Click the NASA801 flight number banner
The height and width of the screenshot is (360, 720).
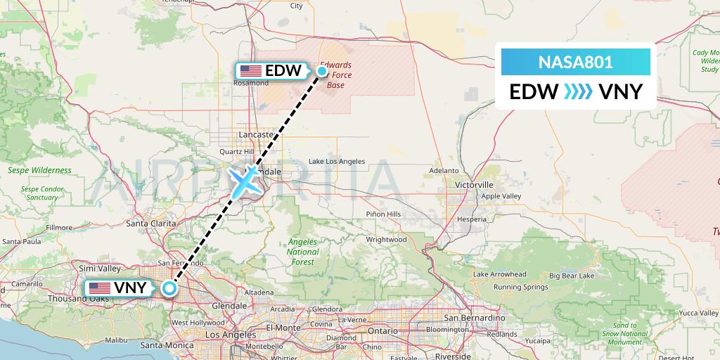pyautogui.click(x=576, y=62)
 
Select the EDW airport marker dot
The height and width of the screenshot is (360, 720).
pyautogui.click(x=321, y=70)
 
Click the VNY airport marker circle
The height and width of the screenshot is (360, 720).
pyautogui.click(x=169, y=288)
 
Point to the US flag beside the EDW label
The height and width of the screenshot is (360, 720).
pyautogui.click(x=251, y=71)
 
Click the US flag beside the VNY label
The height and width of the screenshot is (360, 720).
pyautogui.click(x=99, y=288)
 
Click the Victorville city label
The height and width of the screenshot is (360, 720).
pyautogui.click(x=474, y=185)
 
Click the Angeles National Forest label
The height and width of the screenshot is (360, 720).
pyautogui.click(x=303, y=252)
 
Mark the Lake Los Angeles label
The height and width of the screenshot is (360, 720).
pyautogui.click(x=338, y=162)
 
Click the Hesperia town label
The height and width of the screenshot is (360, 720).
pyautogui.click(x=472, y=219)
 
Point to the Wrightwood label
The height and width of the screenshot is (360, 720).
pyautogui.click(x=386, y=240)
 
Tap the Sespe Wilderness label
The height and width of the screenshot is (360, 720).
pyautogui.click(x=39, y=170)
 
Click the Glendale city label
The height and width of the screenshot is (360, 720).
pyautogui.click(x=231, y=306)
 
